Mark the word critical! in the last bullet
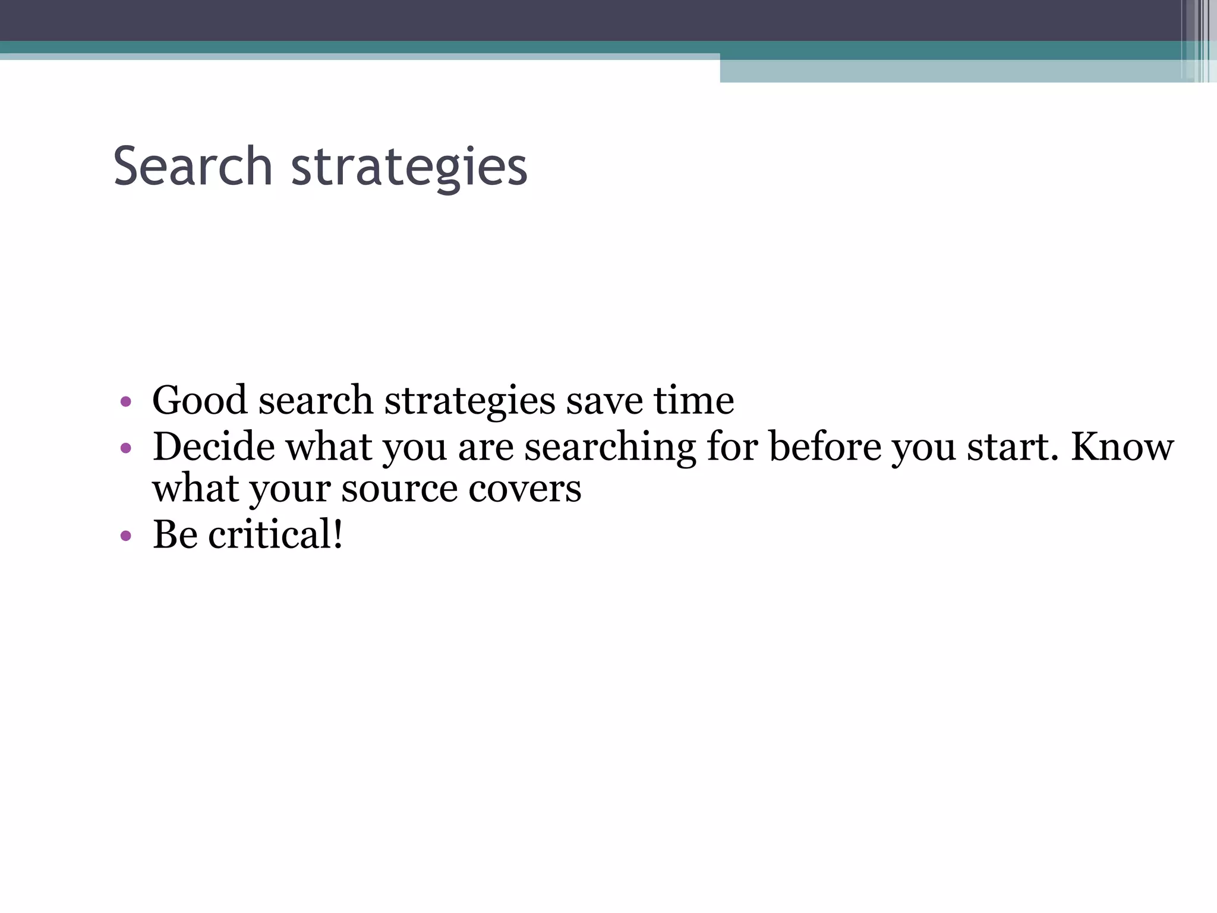[x=275, y=534]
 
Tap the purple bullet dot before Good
[x=125, y=402]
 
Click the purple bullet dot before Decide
[x=125, y=449]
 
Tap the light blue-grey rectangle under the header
[x=951, y=71]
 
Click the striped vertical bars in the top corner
[x=1200, y=40]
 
